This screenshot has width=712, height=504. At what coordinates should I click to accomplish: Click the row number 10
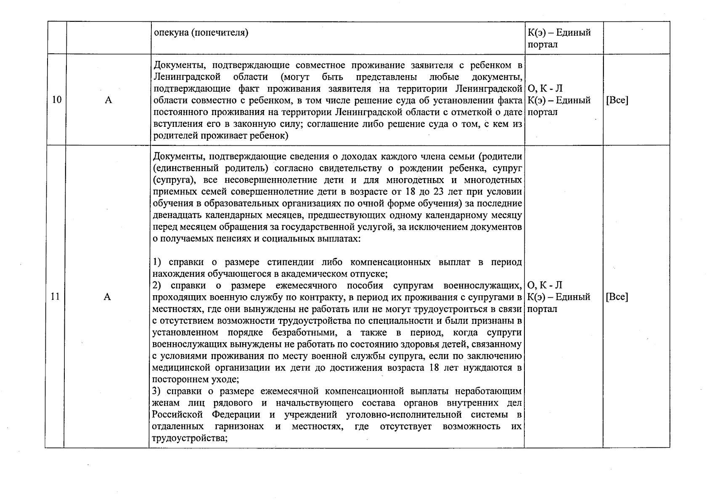tap(57, 100)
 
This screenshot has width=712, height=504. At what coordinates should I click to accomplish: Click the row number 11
tap(55, 297)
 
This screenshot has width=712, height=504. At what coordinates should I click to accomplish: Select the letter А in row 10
tap(108, 100)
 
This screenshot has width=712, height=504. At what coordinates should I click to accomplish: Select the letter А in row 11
tap(107, 297)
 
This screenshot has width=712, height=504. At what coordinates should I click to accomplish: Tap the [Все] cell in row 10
tap(617, 100)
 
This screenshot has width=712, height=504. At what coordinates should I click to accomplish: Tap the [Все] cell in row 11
tap(617, 297)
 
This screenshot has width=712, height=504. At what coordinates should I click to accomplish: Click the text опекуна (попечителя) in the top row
tap(201, 33)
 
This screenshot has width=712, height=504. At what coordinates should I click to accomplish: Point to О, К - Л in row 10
tap(545, 89)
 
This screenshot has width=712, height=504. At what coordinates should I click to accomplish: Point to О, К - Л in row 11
tap(545, 286)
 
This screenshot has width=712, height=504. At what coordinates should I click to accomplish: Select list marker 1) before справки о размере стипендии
tap(157, 262)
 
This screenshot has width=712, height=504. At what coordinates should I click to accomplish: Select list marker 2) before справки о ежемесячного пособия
tap(157, 286)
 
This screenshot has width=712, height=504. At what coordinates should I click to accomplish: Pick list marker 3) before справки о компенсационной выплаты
tap(157, 391)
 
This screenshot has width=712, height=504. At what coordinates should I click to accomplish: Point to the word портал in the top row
tap(543, 45)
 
